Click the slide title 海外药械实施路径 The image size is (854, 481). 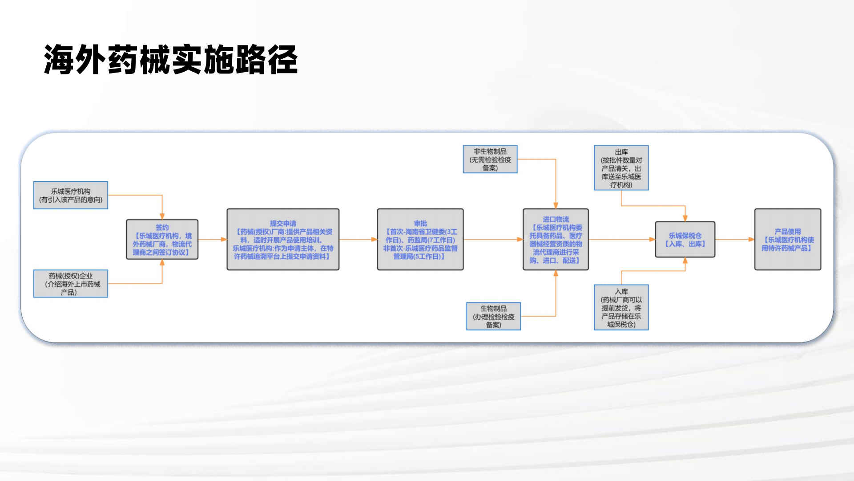click(171, 59)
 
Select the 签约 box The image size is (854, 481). click(162, 240)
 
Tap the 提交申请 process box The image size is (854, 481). click(283, 240)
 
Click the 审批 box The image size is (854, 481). click(420, 240)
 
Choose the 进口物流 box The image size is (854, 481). click(556, 240)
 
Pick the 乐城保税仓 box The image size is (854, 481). click(685, 240)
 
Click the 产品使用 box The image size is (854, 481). click(787, 240)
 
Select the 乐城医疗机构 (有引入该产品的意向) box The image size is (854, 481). click(71, 195)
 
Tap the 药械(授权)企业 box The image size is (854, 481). click(71, 284)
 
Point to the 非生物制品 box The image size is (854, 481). click(490, 159)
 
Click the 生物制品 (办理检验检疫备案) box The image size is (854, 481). click(493, 316)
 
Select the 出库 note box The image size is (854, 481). click(621, 168)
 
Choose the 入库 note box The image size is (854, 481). click(621, 307)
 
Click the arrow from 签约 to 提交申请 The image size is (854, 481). click(212, 240)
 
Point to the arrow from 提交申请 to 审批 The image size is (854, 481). click(358, 240)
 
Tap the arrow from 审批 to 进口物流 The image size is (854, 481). click(493, 240)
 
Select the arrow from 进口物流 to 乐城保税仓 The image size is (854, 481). click(622, 240)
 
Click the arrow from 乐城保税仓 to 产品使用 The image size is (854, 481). click(735, 240)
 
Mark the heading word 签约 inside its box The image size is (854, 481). click(162, 228)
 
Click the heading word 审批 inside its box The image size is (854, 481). click(420, 224)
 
